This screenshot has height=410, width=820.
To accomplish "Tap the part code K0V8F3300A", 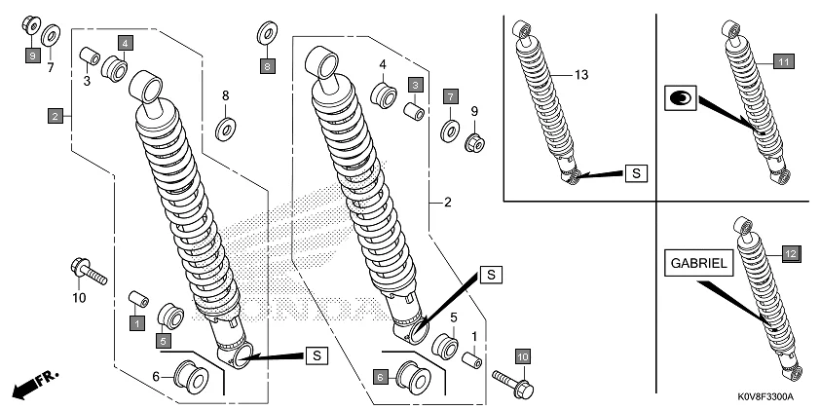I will point(766,397).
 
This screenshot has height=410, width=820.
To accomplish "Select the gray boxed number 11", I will point(785,61).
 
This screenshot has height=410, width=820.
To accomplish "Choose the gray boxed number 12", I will point(791,253).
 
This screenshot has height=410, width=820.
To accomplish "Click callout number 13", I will point(582,75).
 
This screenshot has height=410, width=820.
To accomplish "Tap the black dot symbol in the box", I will point(681,97).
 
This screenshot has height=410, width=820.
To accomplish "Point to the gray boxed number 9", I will point(32,57).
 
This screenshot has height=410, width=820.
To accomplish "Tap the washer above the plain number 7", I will point(51,39).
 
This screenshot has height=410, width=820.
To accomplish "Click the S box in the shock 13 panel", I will point(635,173).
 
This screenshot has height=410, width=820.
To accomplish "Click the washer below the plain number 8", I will point(226,127).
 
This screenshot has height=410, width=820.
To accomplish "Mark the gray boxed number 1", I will point(138,321).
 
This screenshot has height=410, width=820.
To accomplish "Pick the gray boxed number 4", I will point(126,43).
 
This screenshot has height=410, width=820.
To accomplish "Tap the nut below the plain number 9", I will point(476,143).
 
